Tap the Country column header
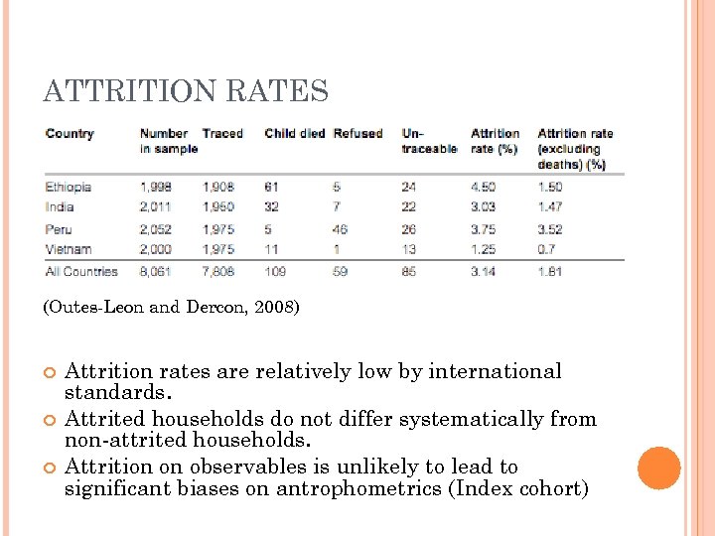70,134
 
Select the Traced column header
222,134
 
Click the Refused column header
357,134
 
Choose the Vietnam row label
69,249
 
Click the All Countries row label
81,271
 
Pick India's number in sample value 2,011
156,206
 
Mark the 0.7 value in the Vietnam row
546,249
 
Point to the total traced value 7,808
218,271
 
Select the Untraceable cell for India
409,206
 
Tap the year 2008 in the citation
272,308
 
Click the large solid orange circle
659,468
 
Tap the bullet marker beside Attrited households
51,419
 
